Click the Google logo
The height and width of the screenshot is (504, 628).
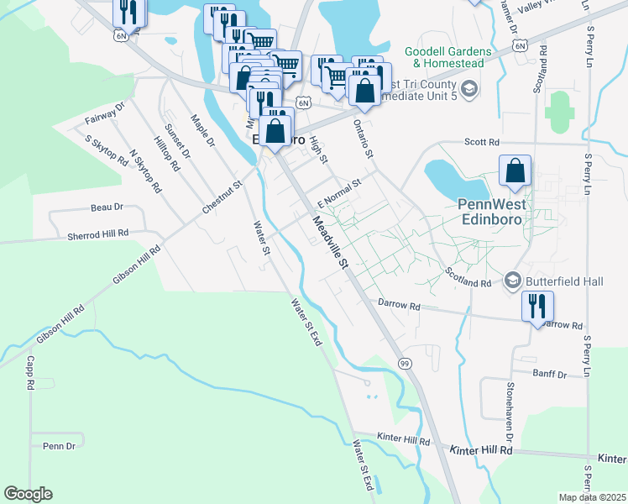(29, 494)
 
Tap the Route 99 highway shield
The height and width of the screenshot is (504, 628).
(404, 362)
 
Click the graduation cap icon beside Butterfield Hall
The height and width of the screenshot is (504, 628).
(512, 280)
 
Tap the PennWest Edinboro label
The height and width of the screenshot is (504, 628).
(495, 210)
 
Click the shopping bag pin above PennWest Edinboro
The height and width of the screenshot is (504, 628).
(515, 171)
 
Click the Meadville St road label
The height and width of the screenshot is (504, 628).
(331, 244)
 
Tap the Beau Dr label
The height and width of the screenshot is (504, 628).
(107, 207)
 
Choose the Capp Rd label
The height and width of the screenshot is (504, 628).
(29, 372)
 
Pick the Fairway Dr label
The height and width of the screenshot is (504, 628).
(105, 113)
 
